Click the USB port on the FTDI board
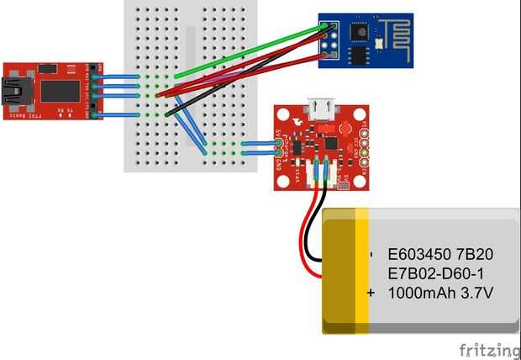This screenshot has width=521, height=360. pos(13,91)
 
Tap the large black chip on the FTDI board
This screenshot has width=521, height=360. pos(60,91)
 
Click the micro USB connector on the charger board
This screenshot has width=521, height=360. pos(320,108)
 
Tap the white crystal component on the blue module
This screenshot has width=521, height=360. pos(380,42)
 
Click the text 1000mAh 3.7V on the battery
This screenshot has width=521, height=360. pos(439,294)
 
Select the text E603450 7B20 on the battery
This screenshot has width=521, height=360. pos(439,253)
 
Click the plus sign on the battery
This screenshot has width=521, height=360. pos(370,294)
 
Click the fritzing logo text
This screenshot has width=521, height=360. pos(489,349)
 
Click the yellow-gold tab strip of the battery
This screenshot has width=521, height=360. pos(362,269)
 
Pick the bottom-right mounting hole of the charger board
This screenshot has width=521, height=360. pos(359,181)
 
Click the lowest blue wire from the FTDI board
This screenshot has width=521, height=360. pos(118,114)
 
